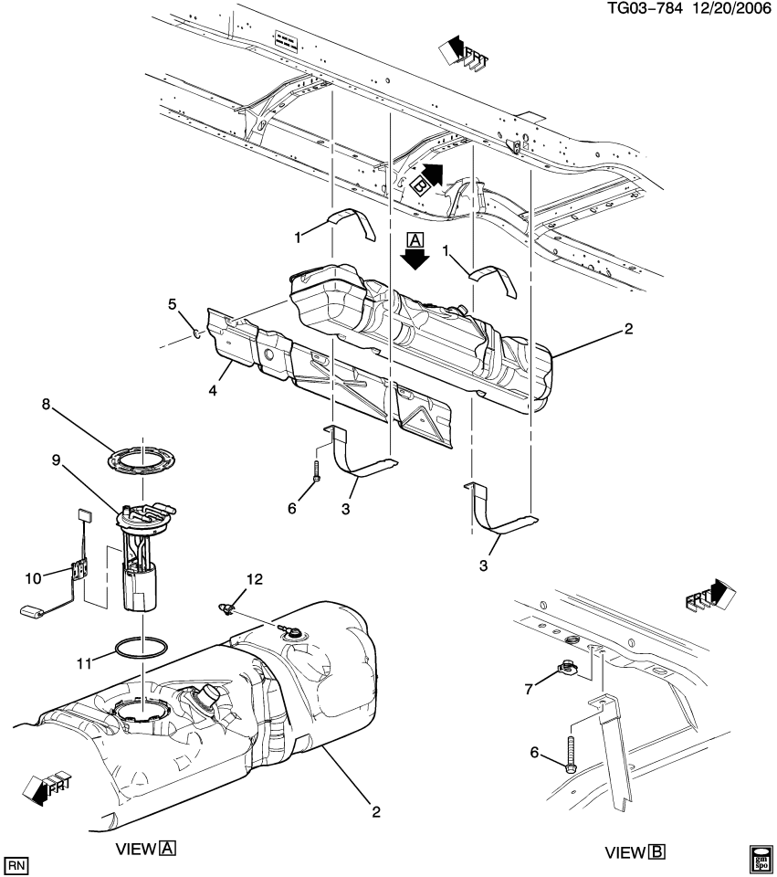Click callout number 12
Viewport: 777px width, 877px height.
tap(253, 579)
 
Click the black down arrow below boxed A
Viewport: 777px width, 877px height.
tap(416, 259)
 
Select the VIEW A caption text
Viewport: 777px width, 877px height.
tap(145, 848)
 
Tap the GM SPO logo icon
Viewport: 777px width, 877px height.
tap(761, 859)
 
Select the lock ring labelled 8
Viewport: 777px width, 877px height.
tap(142, 459)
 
